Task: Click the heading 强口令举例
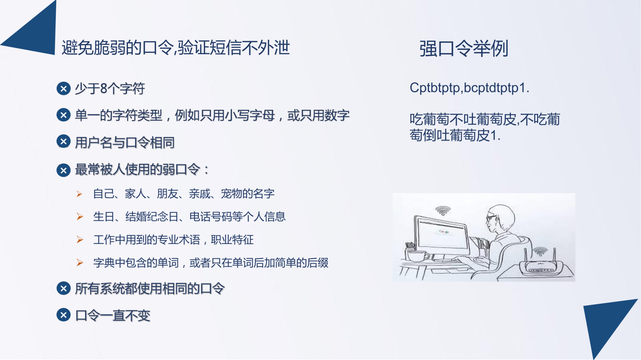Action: pyautogui.click(x=464, y=49)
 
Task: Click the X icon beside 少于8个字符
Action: pyautogui.click(x=63, y=89)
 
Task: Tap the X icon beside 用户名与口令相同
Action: pyautogui.click(x=63, y=141)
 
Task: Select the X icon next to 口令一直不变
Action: pyautogui.click(x=63, y=315)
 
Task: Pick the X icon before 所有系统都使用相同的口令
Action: pyautogui.click(x=63, y=288)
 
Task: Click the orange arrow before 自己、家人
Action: pyautogui.click(x=79, y=194)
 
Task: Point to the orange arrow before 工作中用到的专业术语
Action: pyautogui.click(x=80, y=240)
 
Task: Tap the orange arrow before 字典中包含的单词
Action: pyautogui.click(x=80, y=263)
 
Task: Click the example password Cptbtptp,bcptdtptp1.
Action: pyautogui.click(x=469, y=88)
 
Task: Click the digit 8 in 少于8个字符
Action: pyautogui.click(x=104, y=89)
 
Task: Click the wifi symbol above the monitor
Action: pyautogui.click(x=443, y=210)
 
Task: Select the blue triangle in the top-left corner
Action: pyautogui.click(x=35, y=31)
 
